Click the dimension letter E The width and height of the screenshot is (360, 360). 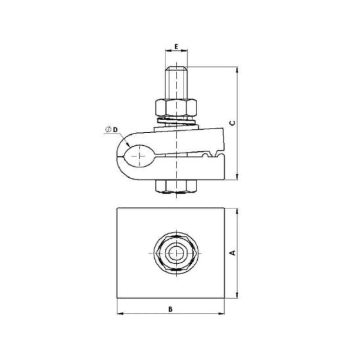176,46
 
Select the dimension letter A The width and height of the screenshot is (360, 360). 232,253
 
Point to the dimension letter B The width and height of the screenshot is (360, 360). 170,309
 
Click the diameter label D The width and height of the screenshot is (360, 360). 115,130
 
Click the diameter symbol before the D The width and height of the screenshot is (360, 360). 108,130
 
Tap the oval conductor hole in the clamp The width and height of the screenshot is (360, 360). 140,155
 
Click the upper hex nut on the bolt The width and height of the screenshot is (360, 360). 176,107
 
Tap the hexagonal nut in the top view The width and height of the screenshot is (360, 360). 176,253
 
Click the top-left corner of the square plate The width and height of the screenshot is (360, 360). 117,208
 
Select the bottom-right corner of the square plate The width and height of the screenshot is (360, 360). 224,297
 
